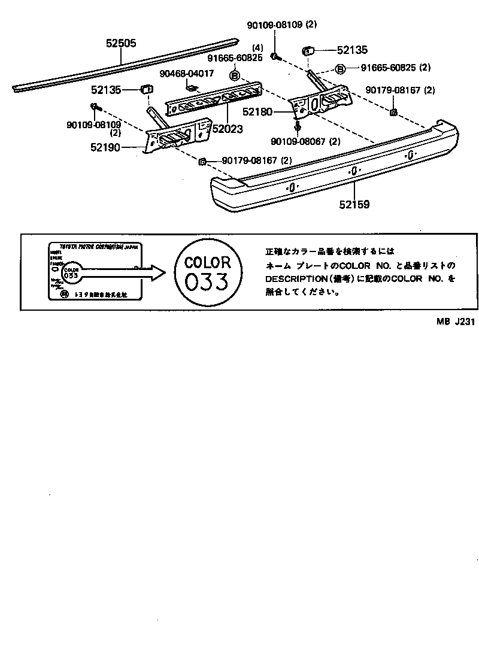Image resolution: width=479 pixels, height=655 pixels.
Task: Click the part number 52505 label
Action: coord(121,43)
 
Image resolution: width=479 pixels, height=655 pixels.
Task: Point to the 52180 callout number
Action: coord(257,112)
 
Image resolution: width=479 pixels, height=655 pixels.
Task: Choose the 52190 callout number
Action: coord(105,146)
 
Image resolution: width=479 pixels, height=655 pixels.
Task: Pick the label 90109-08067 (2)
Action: coord(305,141)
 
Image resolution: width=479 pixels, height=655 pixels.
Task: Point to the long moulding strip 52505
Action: coord(126,64)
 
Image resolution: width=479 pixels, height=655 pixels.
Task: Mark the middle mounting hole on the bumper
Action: coord(353,171)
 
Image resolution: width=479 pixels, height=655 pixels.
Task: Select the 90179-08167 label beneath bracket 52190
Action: coord(257,160)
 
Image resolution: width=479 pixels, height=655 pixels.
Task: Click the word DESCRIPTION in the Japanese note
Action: coord(294,278)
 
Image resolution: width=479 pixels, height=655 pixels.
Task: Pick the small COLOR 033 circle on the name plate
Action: coord(71,272)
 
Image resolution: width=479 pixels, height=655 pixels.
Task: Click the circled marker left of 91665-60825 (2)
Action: coord(340,69)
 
